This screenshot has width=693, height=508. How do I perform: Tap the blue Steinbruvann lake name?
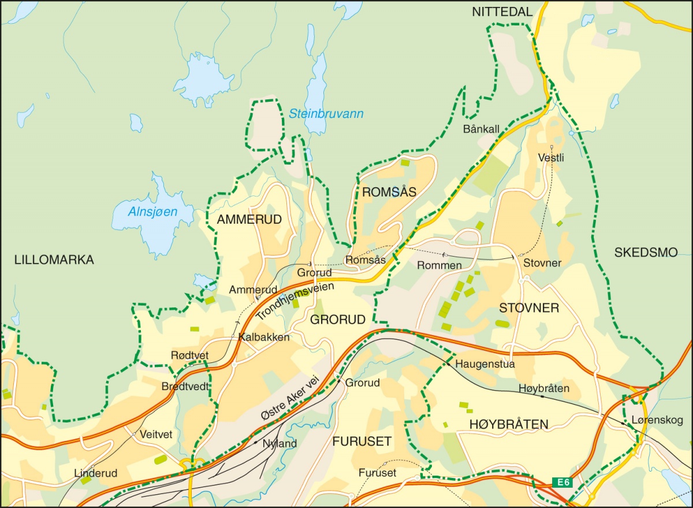[x=326, y=114]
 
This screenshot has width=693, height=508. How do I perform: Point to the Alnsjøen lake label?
[x=153, y=212]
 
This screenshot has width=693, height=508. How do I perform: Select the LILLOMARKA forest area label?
[x=54, y=260]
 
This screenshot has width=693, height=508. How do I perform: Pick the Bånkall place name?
[x=481, y=128]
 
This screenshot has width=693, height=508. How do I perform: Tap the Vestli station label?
[x=550, y=157]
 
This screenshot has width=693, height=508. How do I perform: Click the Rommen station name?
[x=439, y=265]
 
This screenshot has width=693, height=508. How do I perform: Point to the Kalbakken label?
[x=264, y=337]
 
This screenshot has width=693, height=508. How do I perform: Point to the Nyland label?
[x=280, y=444]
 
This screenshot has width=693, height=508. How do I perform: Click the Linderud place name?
[x=96, y=473]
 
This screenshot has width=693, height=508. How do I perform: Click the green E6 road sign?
[x=562, y=482]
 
